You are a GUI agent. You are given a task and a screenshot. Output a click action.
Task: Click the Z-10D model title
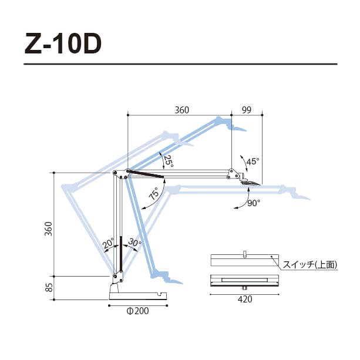[x=63, y=43]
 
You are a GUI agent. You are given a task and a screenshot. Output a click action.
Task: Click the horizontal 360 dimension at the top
[x=182, y=110]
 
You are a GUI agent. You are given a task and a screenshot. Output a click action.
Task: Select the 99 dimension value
[x=246, y=110]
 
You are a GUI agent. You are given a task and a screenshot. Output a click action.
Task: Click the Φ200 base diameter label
[x=137, y=311]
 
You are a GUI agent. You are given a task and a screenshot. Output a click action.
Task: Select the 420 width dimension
[x=244, y=299]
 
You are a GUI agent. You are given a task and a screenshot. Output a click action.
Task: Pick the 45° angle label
[x=253, y=161]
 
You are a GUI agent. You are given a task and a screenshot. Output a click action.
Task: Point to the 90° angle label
[x=253, y=203]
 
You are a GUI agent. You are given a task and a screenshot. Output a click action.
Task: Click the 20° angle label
[x=108, y=243]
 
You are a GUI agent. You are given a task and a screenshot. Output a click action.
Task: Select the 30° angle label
[x=134, y=243]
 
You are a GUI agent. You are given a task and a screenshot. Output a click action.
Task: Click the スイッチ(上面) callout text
[x=310, y=265]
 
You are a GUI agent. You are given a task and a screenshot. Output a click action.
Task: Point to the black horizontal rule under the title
[x=180, y=63]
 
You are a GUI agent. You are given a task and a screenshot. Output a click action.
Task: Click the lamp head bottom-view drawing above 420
[x=244, y=280]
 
